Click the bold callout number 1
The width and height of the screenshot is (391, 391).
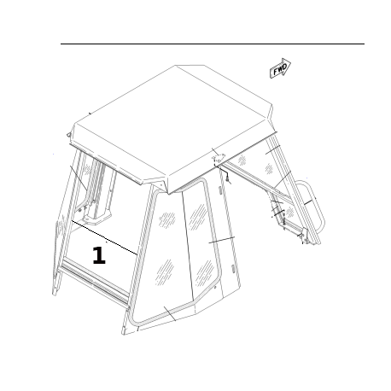coord(99,255)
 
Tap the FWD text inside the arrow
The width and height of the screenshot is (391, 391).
coord(280,69)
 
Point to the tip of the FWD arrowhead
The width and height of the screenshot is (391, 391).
coord(290,65)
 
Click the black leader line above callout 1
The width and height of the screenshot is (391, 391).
coord(104,237)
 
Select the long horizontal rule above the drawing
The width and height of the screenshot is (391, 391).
coord(213,44)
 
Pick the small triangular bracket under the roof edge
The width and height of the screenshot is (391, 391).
coord(219,158)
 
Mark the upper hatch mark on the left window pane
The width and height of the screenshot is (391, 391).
coord(167,219)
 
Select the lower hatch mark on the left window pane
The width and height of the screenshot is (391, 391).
coord(165,271)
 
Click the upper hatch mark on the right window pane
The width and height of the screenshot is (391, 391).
coord(197,217)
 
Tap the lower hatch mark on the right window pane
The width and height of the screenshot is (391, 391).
coord(204,272)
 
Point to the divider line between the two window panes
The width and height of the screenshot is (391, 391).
coord(188,246)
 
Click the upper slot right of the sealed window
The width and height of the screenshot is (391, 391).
coord(220,190)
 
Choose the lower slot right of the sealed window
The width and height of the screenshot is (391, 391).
coord(232,268)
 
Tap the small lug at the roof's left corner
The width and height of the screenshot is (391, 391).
coord(68,134)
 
